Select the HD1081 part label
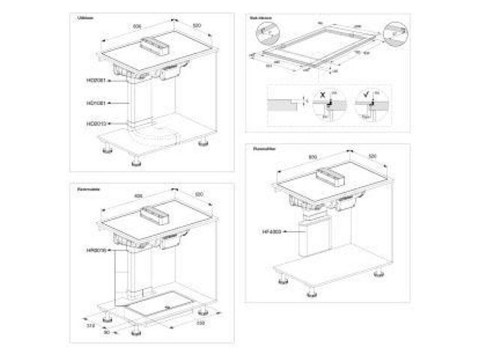click(x=97, y=102)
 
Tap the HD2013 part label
click(x=97, y=123)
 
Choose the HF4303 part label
click(x=272, y=233)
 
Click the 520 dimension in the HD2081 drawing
click(x=196, y=25)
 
